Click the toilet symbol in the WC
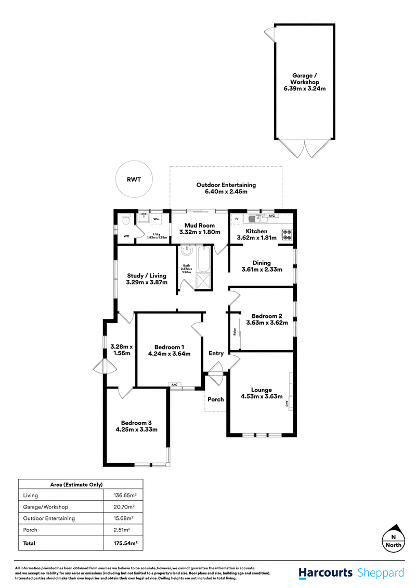click(x=125, y=220)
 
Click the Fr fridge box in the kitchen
click(x=237, y=219)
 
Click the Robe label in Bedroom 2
click(x=235, y=331)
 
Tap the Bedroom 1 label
click(x=169, y=347)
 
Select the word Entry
click(x=216, y=353)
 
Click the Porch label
click(x=215, y=399)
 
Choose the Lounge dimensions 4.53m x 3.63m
click(x=262, y=397)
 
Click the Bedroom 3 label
click(x=136, y=423)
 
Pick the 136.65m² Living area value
click(x=125, y=496)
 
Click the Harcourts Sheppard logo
click(x=351, y=573)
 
